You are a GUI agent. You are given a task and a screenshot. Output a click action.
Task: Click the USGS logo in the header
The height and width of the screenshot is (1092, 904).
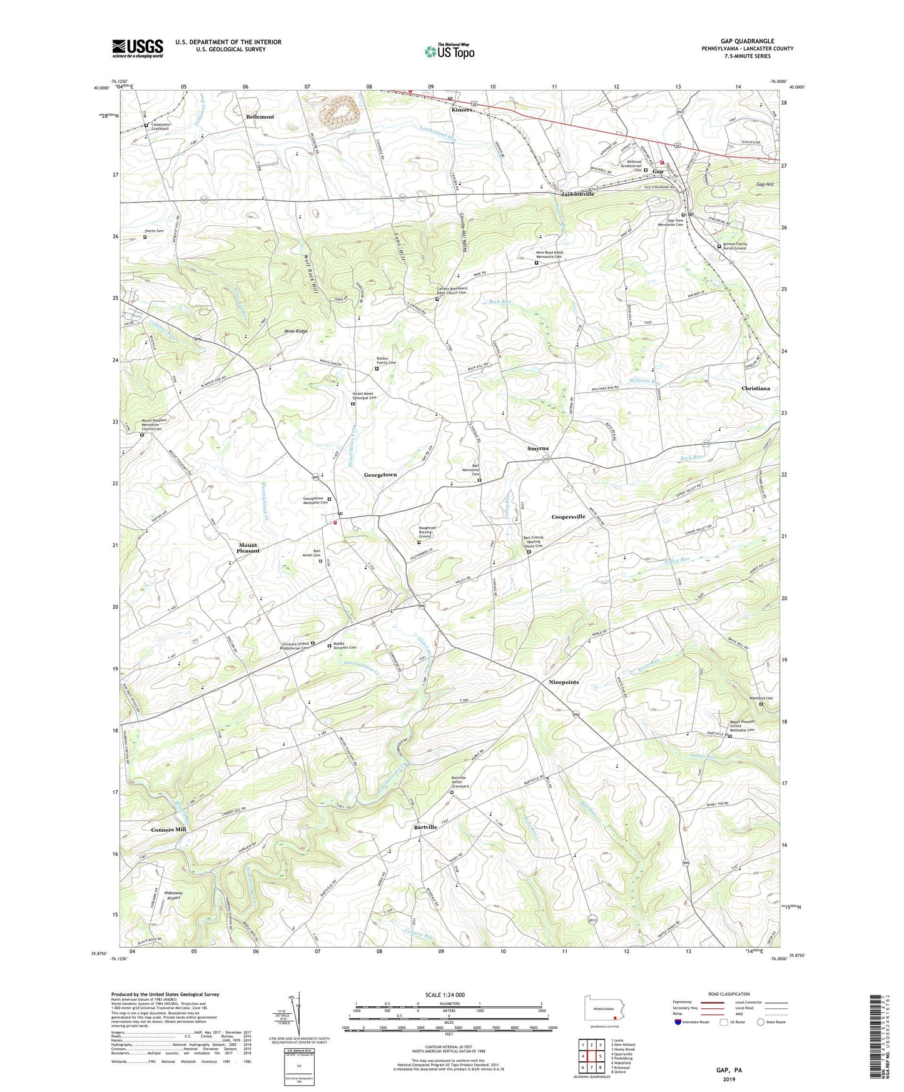pyautogui.click(x=138, y=48)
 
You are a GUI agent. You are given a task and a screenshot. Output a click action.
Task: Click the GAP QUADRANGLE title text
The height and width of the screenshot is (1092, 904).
pyautogui.click(x=747, y=41)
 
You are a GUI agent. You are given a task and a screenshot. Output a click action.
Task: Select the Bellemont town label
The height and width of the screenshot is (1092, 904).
pyautogui.click(x=260, y=117)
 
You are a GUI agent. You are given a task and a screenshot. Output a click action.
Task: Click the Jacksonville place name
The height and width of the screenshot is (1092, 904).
pyautogui.click(x=577, y=194)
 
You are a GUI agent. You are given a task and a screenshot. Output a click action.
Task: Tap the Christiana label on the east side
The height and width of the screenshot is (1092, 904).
pyautogui.click(x=755, y=388)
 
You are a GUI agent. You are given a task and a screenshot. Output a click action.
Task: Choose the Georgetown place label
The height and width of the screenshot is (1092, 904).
pyautogui.click(x=380, y=475)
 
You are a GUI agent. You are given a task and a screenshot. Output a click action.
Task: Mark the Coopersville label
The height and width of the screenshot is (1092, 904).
pyautogui.click(x=568, y=517)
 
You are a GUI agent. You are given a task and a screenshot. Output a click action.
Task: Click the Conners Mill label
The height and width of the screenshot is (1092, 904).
pyautogui.click(x=168, y=829)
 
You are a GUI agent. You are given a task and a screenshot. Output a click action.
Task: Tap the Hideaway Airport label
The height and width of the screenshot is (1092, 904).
pyautogui.click(x=173, y=895)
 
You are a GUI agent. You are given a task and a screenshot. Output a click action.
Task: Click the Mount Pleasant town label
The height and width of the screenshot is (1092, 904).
pyautogui.click(x=248, y=548)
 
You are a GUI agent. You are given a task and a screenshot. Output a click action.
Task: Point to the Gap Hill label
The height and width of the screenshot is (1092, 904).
pyautogui.click(x=764, y=184)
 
